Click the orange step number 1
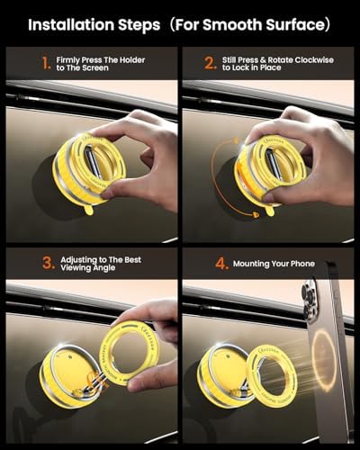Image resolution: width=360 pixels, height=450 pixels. pos(46,64)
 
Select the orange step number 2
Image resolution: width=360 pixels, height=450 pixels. pos(210,64)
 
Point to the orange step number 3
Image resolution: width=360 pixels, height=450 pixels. pos(49,263)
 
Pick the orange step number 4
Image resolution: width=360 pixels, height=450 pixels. pos(221,264)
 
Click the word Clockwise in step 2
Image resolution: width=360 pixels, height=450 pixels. pos(314,60)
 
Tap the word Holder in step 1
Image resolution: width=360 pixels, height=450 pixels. pos(132,60)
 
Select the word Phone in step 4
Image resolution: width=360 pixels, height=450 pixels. pos(302,264)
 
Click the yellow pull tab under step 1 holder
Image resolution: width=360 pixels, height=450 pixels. pos(88,210)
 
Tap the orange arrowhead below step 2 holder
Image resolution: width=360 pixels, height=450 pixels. pos(256,214)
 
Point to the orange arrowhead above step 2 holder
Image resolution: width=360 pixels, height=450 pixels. pos(237,139)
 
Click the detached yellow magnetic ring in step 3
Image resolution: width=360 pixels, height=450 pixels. pos(131,353)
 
